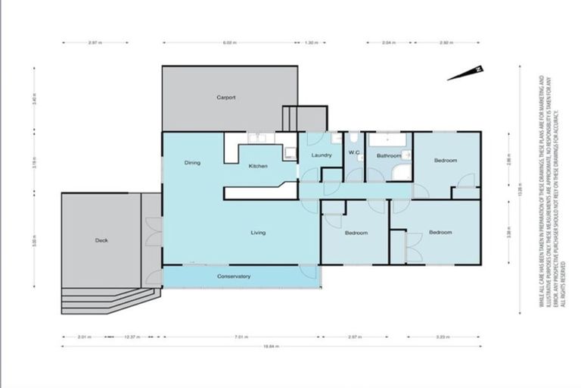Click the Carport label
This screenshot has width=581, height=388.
[x=226, y=98]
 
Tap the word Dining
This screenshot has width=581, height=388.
[x=192, y=163]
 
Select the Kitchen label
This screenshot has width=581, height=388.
[x=258, y=167]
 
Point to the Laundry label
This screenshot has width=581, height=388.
[x=322, y=155]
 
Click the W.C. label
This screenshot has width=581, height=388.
[x=353, y=155]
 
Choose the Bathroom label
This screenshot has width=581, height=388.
[x=388, y=156]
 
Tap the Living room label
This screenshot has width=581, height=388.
[x=258, y=233]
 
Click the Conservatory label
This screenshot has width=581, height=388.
[x=234, y=277]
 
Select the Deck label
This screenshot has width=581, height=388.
[x=101, y=240]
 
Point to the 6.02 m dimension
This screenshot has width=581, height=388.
[x=230, y=43]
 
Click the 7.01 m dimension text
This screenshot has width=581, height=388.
[x=241, y=336]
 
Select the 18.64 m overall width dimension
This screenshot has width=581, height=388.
[x=271, y=347]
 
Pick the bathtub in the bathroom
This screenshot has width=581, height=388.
[x=387, y=140]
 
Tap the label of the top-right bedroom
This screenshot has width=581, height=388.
[x=445, y=160]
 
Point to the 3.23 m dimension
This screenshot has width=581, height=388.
[x=443, y=336]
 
